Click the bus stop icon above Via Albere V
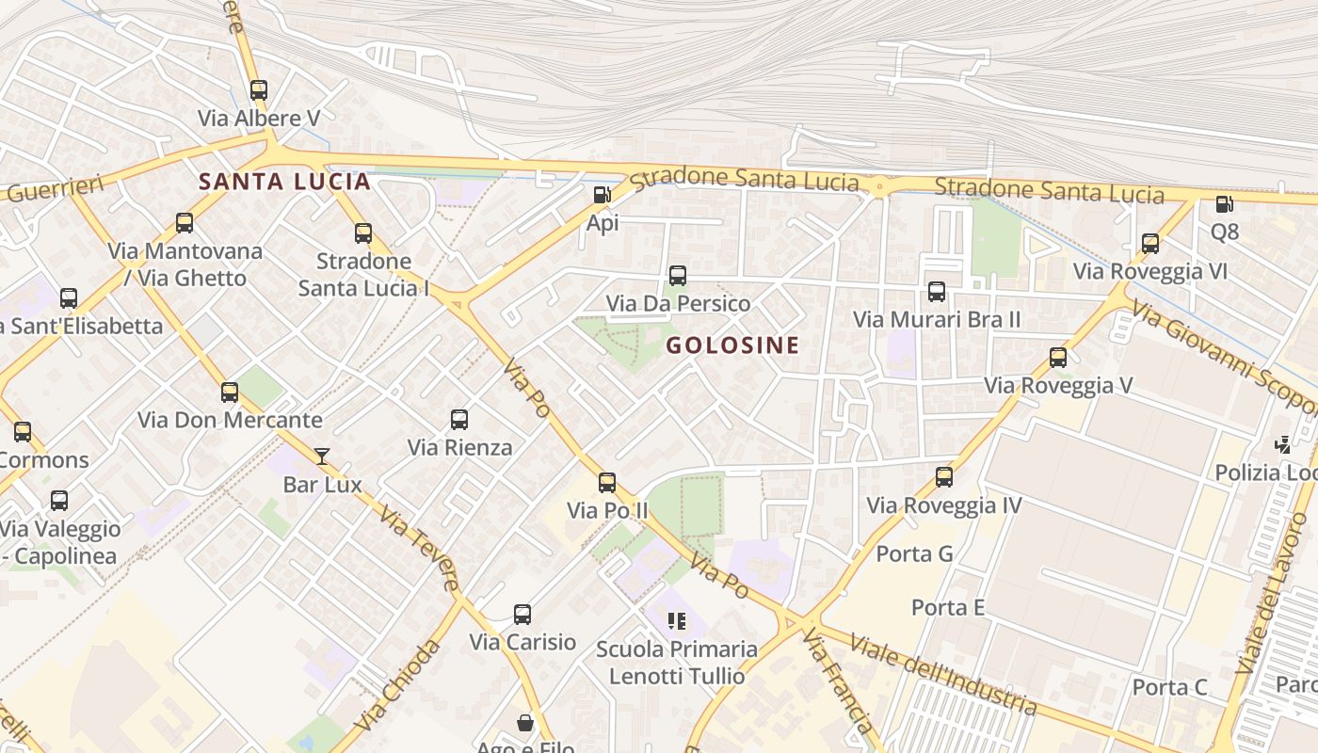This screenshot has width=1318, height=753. [x=259, y=90]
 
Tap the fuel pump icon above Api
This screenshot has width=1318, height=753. [x=602, y=195]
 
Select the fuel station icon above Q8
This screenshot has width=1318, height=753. [x=1224, y=203]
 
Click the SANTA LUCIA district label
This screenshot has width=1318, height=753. [x=284, y=182]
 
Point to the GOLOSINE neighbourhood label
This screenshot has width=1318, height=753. [x=732, y=345]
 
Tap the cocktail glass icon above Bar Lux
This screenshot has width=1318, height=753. [x=322, y=457]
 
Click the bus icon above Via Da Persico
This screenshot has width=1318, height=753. [x=677, y=276]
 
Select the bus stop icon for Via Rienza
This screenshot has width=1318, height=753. [x=459, y=420]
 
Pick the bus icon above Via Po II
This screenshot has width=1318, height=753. [x=607, y=483]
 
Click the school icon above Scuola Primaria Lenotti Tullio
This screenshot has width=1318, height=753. [x=676, y=621]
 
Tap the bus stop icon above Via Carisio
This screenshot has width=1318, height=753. [x=522, y=615]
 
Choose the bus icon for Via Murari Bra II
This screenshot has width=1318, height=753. [x=937, y=292]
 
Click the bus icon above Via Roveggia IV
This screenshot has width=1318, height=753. [x=944, y=477]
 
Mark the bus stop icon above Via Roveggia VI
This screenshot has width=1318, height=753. [x=1149, y=244]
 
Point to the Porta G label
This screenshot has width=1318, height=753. [x=914, y=553]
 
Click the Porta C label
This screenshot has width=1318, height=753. [x=1169, y=687]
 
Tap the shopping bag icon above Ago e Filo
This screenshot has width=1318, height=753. [x=525, y=723]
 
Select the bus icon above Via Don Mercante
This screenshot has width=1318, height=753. [x=230, y=393]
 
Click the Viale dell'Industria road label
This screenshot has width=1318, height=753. [x=941, y=674]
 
